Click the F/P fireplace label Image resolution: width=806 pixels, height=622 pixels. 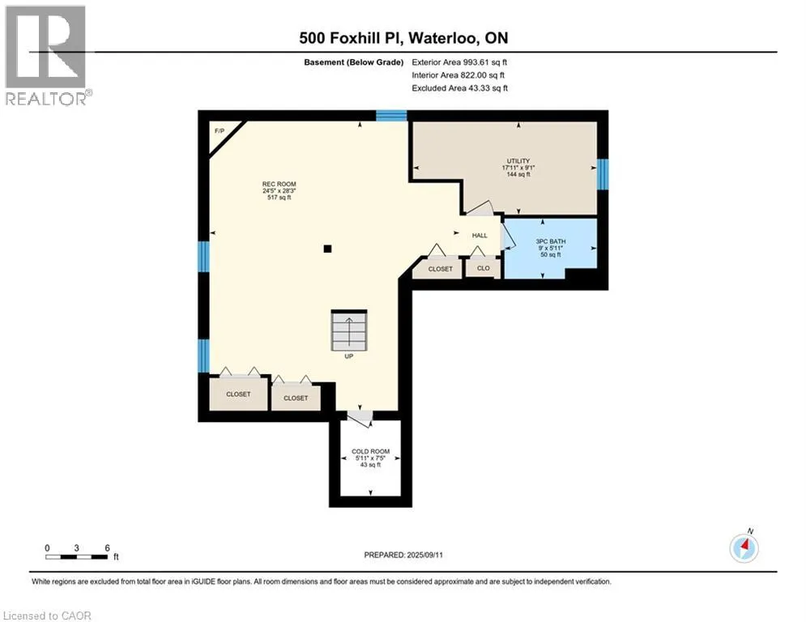(220, 131)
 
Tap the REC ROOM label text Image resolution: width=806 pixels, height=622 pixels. (279, 184)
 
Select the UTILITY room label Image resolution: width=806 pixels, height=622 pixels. (518, 161)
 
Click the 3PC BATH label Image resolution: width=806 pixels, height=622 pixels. (551, 241)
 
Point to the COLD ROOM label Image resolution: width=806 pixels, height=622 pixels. (371, 451)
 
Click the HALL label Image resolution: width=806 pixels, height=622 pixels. (480, 236)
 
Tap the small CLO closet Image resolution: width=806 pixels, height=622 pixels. (483, 268)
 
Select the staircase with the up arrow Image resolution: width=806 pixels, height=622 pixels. (349, 330)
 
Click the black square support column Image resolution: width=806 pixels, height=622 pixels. (327, 249)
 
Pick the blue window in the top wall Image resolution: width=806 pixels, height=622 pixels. (391, 116)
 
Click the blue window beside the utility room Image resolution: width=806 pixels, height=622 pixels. (603, 174)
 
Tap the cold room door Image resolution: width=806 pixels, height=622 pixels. (360, 417)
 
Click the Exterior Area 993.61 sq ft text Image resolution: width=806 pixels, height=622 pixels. (459, 62)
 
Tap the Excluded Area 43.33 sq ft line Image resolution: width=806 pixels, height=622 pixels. (459, 88)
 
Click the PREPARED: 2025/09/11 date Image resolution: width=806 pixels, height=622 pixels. (403, 555)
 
